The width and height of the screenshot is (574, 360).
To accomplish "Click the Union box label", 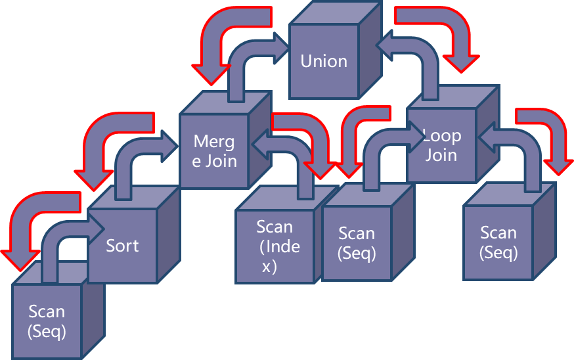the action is [x=324, y=61].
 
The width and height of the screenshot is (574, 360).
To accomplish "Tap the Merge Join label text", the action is [x=215, y=151].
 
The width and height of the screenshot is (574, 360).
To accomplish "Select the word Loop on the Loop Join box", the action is [x=442, y=136].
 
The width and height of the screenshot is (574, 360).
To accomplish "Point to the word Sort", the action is [x=122, y=246].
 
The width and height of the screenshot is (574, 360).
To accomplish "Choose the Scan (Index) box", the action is [x=275, y=246].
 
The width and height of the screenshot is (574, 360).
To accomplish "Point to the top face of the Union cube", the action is [x=335, y=13].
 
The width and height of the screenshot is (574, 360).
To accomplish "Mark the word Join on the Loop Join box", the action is [x=441, y=155].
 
